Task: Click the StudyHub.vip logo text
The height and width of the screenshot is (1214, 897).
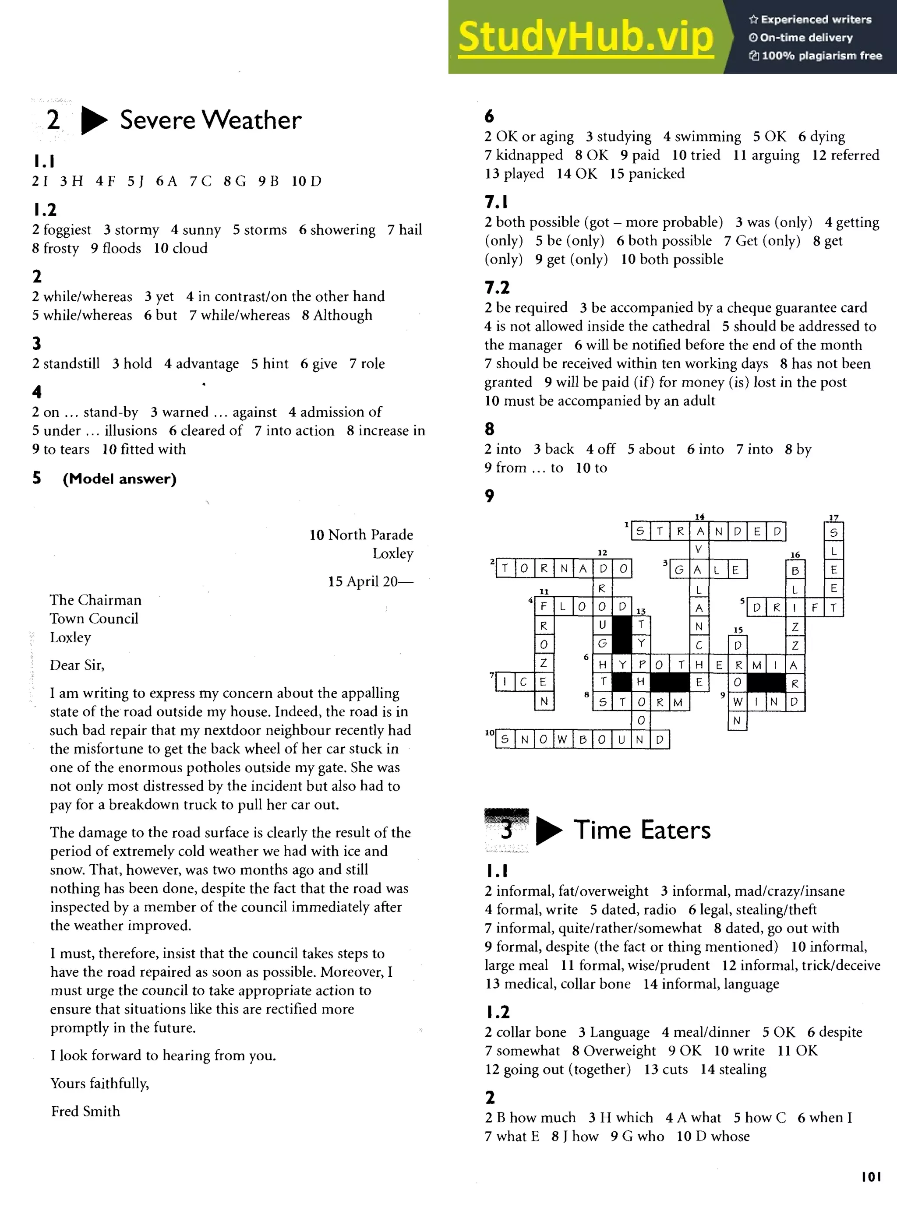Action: point(585,37)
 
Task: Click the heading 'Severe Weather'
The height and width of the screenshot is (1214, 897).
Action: point(210,120)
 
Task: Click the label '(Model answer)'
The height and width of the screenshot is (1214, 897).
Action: point(120,479)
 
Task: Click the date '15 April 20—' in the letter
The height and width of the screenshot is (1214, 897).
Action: point(370,581)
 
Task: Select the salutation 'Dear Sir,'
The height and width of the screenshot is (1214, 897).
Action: point(77,665)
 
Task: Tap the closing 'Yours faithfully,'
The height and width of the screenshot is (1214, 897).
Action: point(99,1083)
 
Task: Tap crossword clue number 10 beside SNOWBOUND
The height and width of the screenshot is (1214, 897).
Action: point(490,732)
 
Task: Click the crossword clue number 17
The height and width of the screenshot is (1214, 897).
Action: point(833,517)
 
